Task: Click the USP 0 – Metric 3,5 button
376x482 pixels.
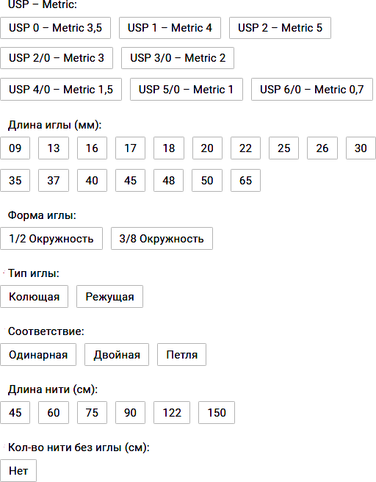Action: (x=55, y=28)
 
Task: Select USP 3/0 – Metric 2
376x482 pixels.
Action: (x=178, y=58)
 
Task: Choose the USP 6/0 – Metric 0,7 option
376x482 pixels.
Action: (x=312, y=90)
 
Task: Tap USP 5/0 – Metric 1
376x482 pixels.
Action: (x=186, y=90)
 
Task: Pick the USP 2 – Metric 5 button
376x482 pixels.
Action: (x=280, y=28)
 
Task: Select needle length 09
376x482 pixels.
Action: (x=15, y=148)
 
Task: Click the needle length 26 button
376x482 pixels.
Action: (x=322, y=148)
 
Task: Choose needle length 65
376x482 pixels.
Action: (x=245, y=181)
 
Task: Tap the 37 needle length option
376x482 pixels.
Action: (x=54, y=181)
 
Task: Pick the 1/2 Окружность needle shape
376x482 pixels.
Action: (x=51, y=239)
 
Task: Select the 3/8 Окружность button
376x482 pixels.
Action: (x=162, y=239)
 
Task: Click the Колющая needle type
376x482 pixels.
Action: (x=34, y=297)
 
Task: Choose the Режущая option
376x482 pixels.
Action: (x=109, y=297)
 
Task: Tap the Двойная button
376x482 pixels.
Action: (x=117, y=355)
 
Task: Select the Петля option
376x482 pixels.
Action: (x=181, y=355)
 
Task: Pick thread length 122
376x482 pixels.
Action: (x=172, y=412)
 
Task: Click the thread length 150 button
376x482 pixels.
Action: (x=217, y=412)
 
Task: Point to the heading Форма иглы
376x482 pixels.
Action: (x=42, y=215)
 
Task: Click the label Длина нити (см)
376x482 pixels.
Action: (x=53, y=389)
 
